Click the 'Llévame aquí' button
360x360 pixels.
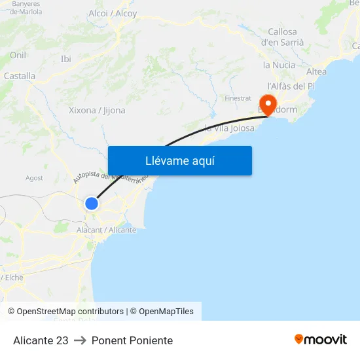pos(179,161)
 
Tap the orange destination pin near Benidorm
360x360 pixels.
pos(268,103)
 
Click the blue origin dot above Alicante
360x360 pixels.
pos(92,204)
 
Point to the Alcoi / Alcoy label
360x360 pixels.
pos(113,13)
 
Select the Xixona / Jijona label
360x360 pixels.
pos(97,110)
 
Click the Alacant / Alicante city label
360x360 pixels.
pos(106,230)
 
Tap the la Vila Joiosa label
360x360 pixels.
pos(230,128)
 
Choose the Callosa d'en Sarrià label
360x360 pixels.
pos(282,37)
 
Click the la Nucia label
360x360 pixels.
pos(279,65)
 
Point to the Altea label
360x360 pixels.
pos(316,71)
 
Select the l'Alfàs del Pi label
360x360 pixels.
pos(291,86)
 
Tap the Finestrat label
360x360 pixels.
pos(238,98)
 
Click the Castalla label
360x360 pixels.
pos(20,76)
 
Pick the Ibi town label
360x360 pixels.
pos(65,59)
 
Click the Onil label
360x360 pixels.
pos(18,55)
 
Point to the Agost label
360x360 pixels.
pos(34,177)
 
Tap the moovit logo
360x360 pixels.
pos(321,340)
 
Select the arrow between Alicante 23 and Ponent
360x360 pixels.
pos(80,340)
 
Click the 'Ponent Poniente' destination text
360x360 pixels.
pos(132,340)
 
